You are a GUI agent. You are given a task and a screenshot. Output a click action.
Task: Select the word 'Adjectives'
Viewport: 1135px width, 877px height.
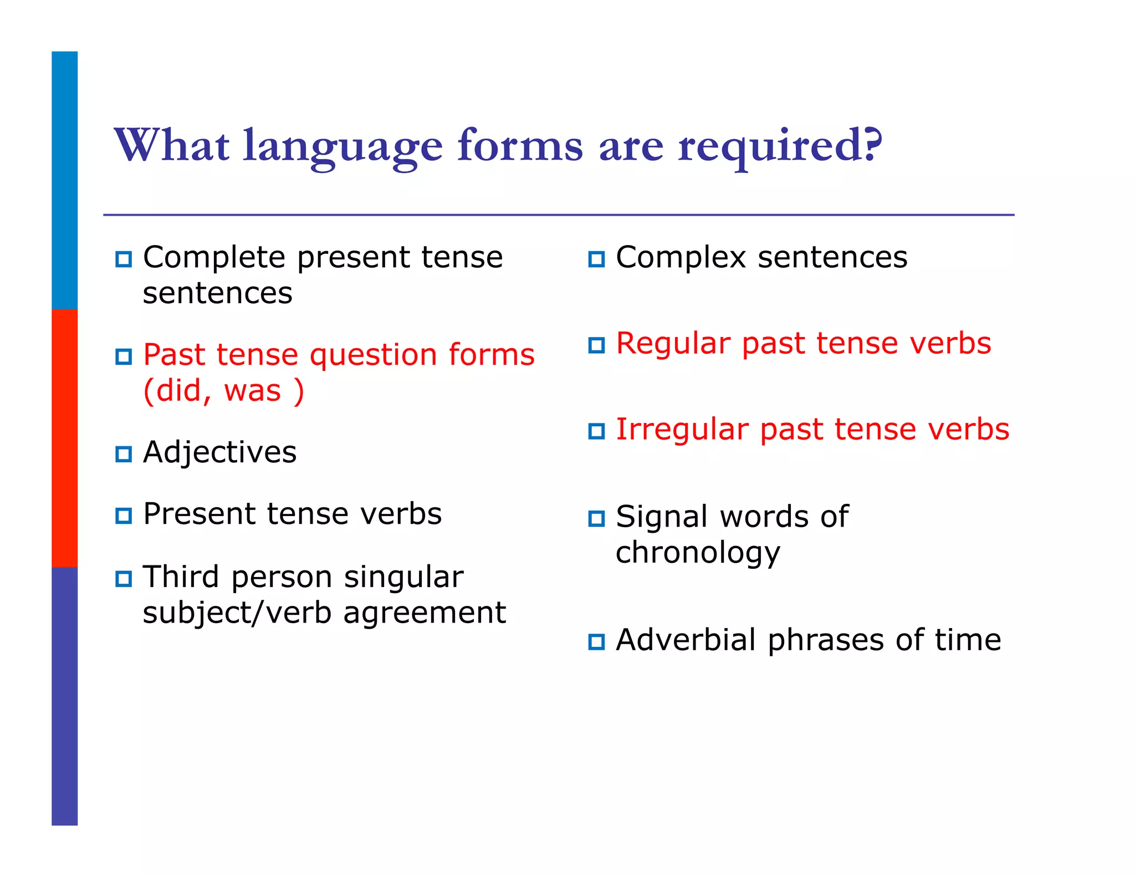point(219,452)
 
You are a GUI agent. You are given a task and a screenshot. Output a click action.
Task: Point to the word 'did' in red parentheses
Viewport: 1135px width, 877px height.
point(178,390)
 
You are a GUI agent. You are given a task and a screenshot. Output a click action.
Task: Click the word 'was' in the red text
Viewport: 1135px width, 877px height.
point(253,390)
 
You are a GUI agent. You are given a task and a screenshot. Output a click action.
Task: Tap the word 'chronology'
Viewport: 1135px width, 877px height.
point(698,553)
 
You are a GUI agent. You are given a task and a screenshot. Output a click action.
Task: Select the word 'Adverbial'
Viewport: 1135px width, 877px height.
point(686,640)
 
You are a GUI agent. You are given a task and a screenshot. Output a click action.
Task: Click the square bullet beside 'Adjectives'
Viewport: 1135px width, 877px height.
point(124,454)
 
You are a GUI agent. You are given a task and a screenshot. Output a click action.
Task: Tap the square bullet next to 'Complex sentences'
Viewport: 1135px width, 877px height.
point(596,259)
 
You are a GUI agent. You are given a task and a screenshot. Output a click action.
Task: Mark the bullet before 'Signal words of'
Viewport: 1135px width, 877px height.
point(596,518)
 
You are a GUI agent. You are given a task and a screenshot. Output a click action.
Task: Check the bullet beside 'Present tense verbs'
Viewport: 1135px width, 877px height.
point(124,516)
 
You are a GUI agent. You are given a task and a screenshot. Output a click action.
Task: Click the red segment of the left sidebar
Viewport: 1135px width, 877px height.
point(64,438)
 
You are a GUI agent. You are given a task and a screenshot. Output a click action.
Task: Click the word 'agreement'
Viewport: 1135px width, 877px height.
point(425,613)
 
